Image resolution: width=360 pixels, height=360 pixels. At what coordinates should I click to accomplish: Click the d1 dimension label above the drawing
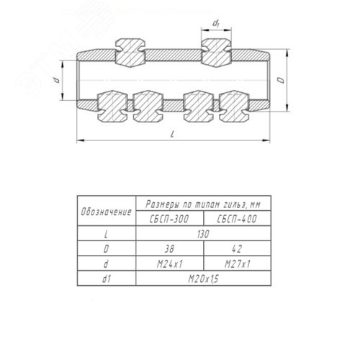216,24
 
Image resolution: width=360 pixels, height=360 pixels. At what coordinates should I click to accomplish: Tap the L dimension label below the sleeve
172,134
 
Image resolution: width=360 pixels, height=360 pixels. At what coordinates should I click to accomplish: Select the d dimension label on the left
57,80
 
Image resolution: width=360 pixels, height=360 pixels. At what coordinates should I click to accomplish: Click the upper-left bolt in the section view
130,53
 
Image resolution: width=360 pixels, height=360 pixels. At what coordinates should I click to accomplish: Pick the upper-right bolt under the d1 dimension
216,53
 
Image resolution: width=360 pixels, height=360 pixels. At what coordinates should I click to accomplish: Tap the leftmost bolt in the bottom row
112,106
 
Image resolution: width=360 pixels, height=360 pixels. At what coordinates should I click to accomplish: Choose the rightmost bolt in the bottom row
235,106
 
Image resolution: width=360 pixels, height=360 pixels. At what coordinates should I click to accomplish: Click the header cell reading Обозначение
107,212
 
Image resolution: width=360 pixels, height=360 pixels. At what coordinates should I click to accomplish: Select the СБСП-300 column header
169,219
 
